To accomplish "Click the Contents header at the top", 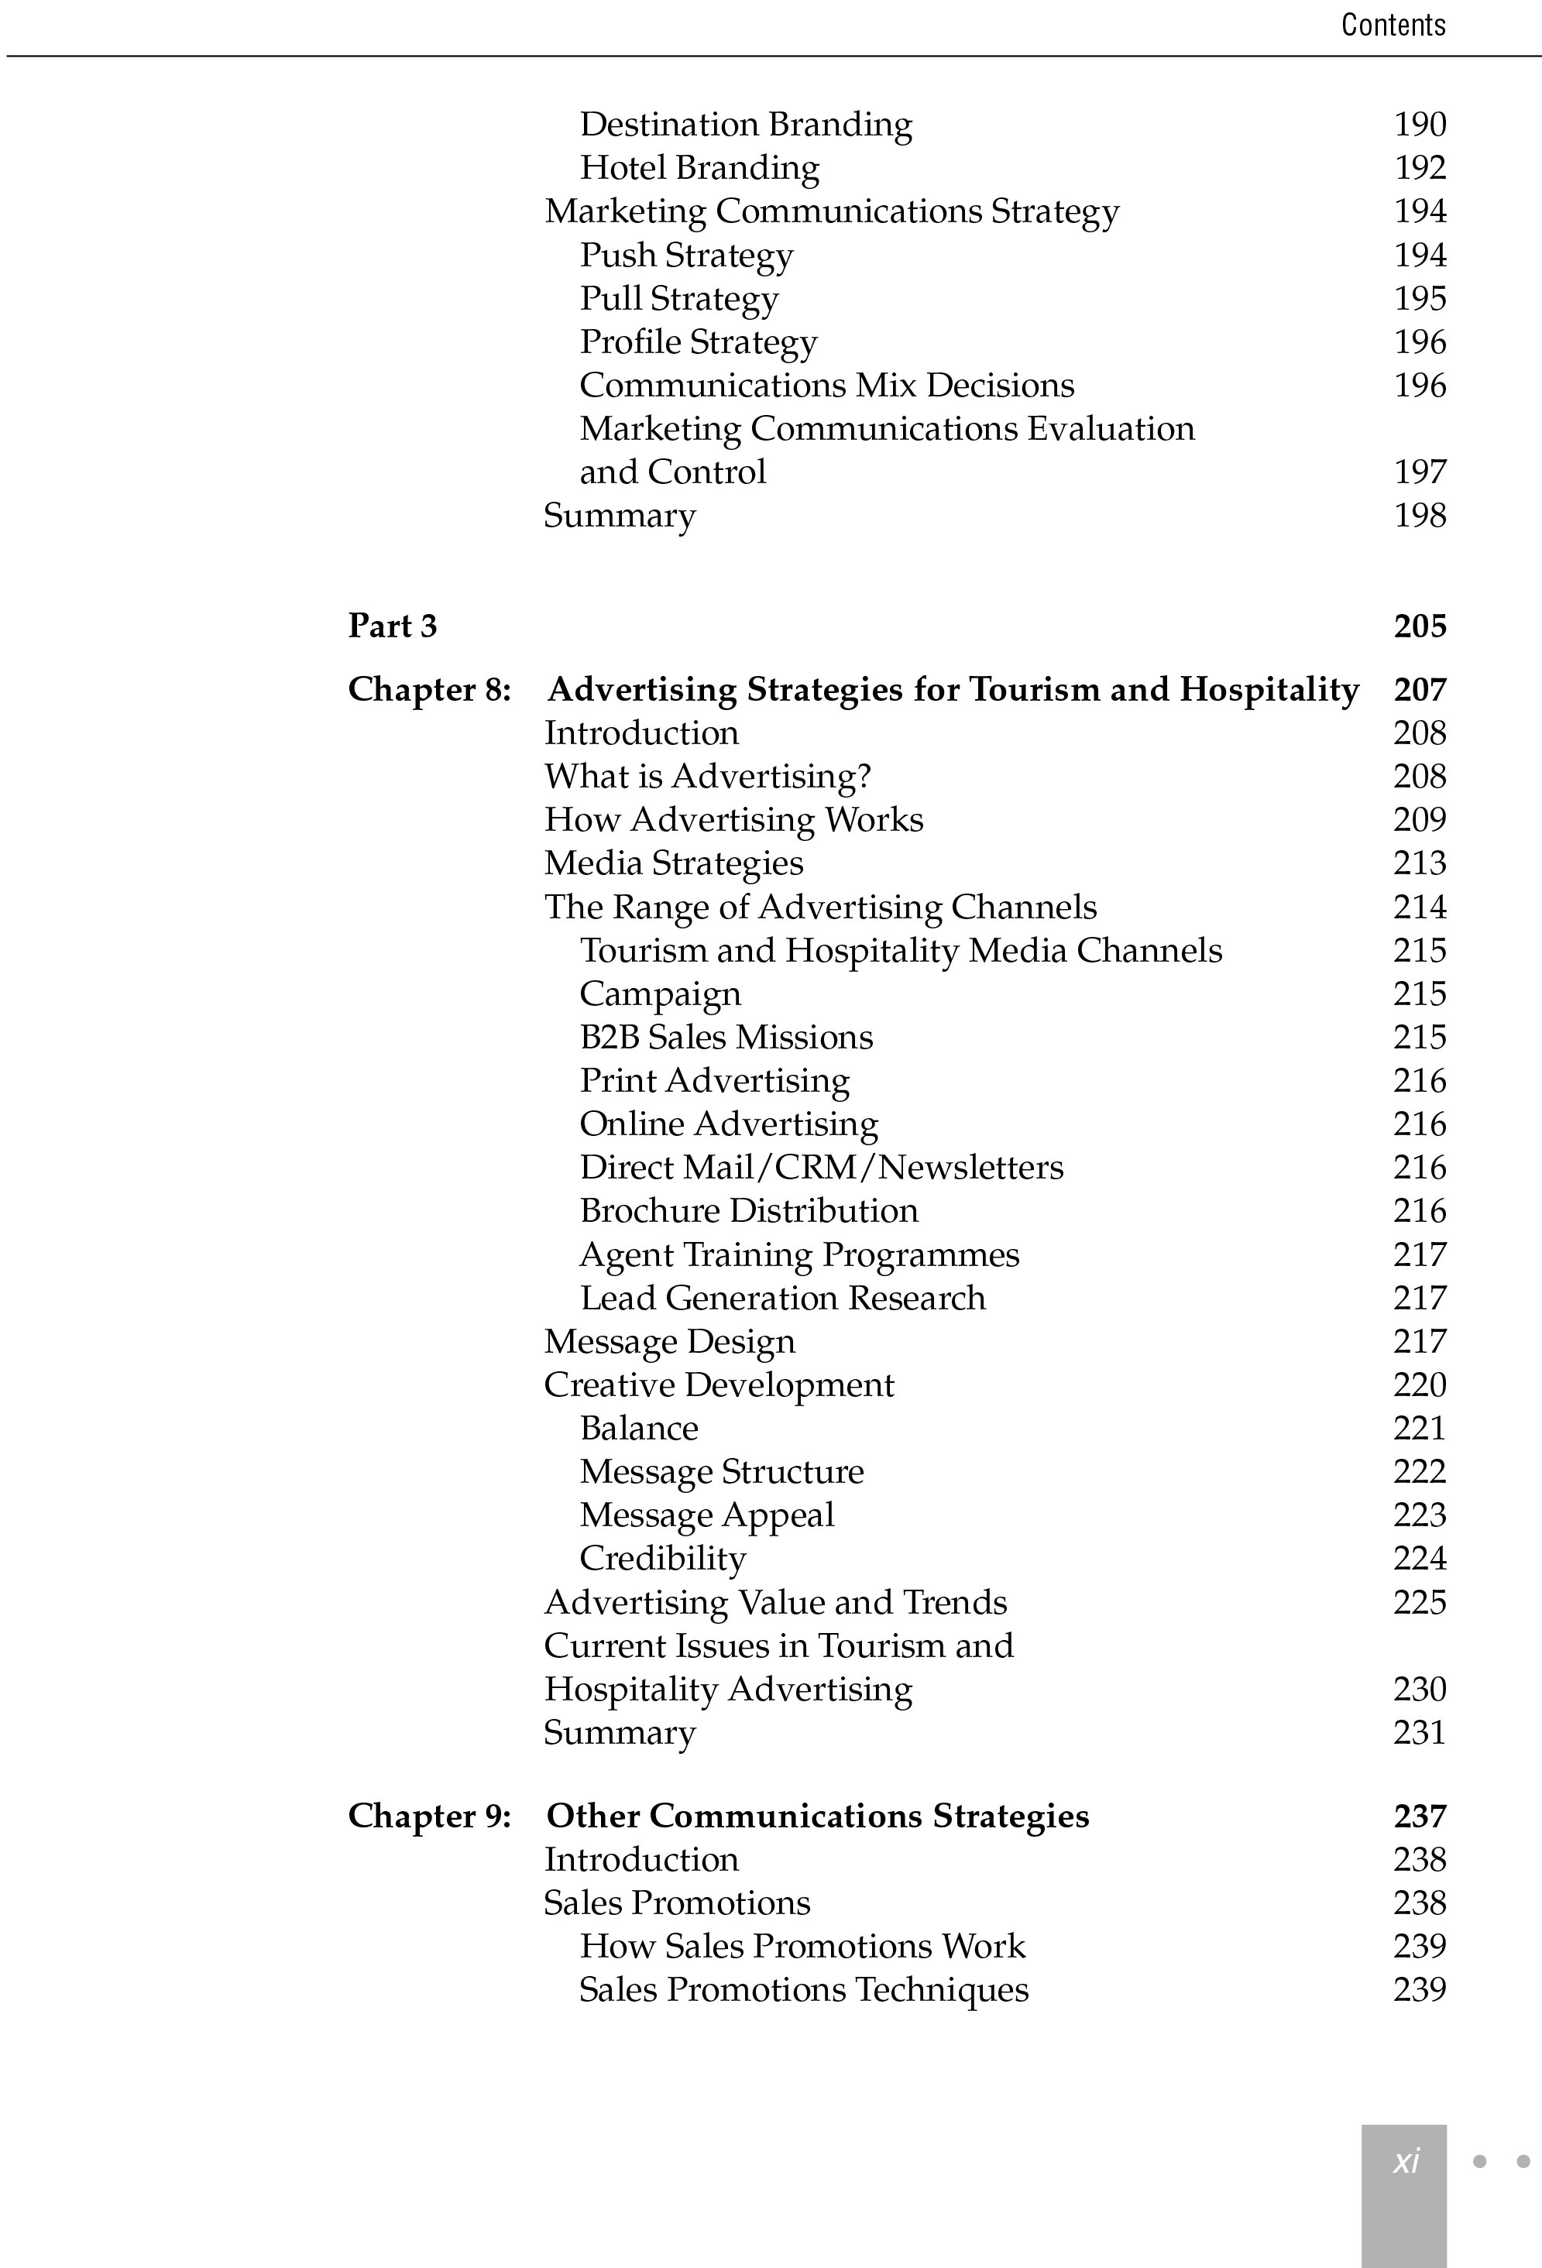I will pos(1393,25).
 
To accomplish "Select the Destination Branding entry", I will pos(746,125).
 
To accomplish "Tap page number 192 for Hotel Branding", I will pos(1419,168).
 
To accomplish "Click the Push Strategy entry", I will pos(686,255).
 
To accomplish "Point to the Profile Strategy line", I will pos(698,341).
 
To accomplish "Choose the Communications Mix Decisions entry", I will pos(826,386).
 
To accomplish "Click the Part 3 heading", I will pos(393,626).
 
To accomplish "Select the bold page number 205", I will pos(1419,626).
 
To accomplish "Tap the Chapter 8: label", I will pos(429,689).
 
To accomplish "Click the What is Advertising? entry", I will pos(706,776).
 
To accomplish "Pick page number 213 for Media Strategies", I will pos(1419,863).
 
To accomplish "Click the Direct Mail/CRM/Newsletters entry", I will pos(821,1167).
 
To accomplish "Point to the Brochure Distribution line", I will pos(749,1210).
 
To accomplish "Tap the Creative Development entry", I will pos(718,1384).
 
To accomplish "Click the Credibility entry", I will pos(663,1559).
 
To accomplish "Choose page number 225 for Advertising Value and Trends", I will pos(1419,1602).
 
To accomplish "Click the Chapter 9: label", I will pos(429,1815).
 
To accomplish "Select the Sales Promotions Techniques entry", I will pos(803,1989).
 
